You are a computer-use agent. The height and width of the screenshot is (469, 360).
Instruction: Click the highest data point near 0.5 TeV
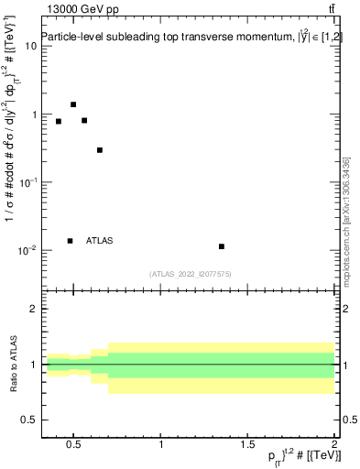[x=73, y=104]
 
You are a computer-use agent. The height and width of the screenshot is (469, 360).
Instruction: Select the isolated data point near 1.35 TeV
[x=222, y=246]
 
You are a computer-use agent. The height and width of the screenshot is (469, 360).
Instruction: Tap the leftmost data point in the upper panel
[x=59, y=121]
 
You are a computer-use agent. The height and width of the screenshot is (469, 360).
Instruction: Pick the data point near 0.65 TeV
[x=100, y=150]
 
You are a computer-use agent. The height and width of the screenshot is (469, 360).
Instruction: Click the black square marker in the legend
[x=70, y=241]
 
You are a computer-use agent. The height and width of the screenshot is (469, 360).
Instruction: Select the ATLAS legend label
[x=99, y=241]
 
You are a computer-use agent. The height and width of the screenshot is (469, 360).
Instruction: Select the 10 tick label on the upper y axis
[x=30, y=46]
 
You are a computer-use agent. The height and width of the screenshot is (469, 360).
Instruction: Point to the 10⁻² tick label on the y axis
[x=27, y=250]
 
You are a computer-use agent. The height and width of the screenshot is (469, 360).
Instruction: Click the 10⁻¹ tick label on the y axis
[x=27, y=182]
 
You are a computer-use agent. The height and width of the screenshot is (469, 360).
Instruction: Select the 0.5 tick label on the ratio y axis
[x=28, y=420]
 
